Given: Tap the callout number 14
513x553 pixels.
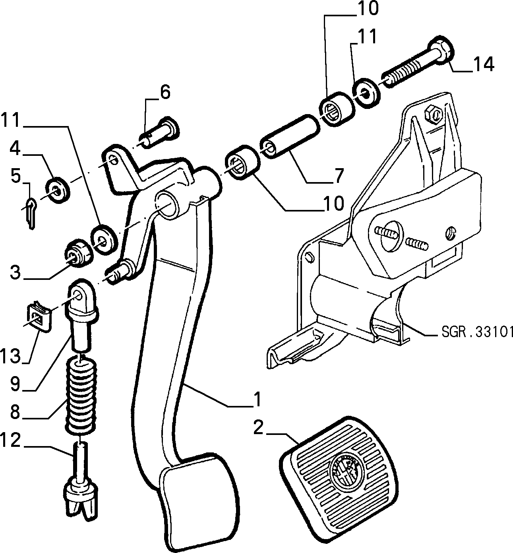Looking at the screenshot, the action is (x=484, y=64).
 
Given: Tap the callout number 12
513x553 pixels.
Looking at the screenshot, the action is (x=11, y=441).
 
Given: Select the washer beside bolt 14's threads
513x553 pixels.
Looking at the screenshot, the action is (x=366, y=93).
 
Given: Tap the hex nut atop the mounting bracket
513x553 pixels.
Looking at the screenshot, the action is (x=433, y=114).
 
